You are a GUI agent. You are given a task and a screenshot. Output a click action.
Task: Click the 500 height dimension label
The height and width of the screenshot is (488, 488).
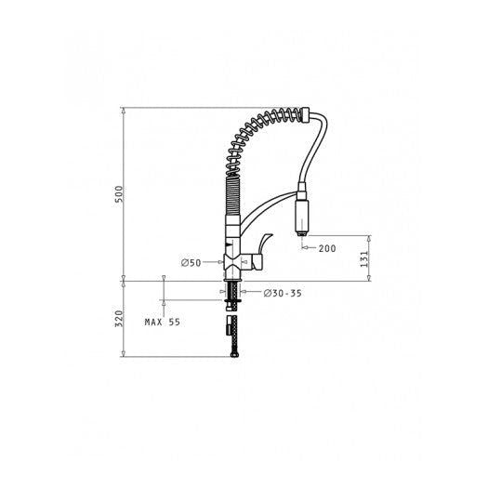coord(119,194)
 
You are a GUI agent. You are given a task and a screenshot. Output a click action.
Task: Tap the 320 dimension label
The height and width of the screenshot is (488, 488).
coord(119,319)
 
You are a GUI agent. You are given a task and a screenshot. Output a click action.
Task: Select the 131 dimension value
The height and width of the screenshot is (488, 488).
coord(363,259)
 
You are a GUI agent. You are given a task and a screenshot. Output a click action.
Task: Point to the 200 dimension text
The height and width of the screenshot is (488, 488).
coord(327,248)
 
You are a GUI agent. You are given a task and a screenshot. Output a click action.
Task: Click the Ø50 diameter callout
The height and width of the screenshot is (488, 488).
coord(191,263)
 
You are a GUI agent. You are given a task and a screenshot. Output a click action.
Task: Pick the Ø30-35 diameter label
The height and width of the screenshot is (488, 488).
coord(283,293)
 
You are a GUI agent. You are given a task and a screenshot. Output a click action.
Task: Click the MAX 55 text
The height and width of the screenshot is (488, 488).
coord(162,323)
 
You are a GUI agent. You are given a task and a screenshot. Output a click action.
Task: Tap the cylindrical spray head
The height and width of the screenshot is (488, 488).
coord(301,216)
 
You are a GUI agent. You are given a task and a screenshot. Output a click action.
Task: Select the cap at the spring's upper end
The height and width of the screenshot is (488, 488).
coord(305,114)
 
